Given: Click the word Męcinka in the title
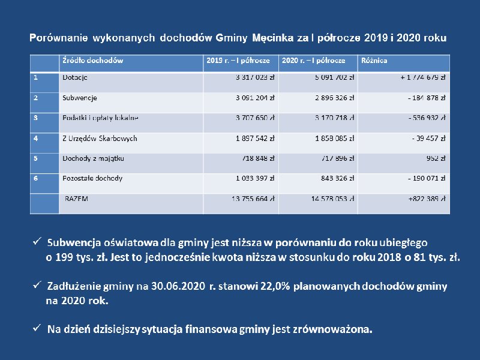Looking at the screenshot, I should pos(274,38).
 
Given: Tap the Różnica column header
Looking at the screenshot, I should pos(374,61).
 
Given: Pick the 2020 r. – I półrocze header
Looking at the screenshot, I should pos(314,61).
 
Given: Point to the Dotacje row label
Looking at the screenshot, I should pos(75,77).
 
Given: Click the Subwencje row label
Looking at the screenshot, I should pos(80,98).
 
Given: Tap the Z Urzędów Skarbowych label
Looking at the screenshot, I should pos(100,139).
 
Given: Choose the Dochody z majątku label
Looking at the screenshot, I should pos(89,159).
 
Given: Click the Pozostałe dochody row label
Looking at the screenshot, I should pos(92,179).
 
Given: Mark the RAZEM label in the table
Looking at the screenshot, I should pos(76,199).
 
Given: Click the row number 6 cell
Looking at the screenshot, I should pos(36,179).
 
